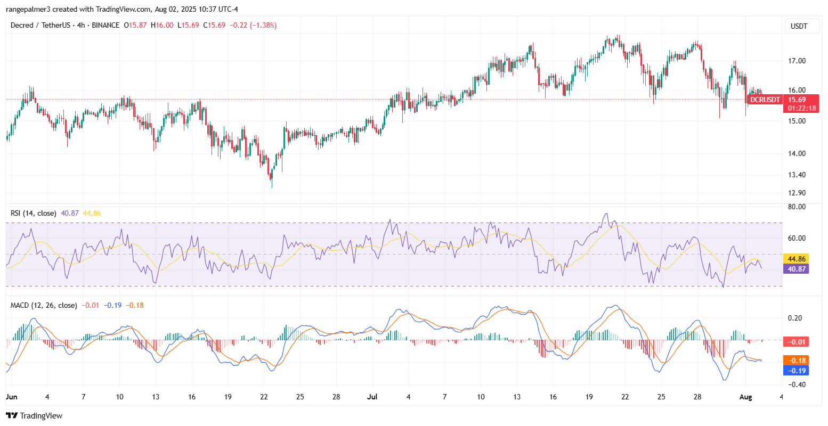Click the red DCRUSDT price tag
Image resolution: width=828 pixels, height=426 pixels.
[765, 100]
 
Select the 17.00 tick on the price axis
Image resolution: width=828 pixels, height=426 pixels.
[796, 61]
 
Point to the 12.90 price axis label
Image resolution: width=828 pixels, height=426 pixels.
[796, 193]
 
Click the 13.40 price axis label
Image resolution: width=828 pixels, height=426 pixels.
[796, 175]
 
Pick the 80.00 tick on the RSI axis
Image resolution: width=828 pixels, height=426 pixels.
[796, 207]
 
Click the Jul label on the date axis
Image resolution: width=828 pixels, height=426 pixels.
[371, 397]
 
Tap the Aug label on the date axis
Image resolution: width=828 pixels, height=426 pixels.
[745, 397]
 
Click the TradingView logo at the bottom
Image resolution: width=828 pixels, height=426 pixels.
[34, 415]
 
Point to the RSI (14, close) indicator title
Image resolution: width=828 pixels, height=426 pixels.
[34, 213]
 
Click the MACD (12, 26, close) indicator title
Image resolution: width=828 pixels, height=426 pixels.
[44, 305]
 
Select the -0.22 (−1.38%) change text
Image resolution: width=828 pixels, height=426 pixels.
[253, 25]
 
